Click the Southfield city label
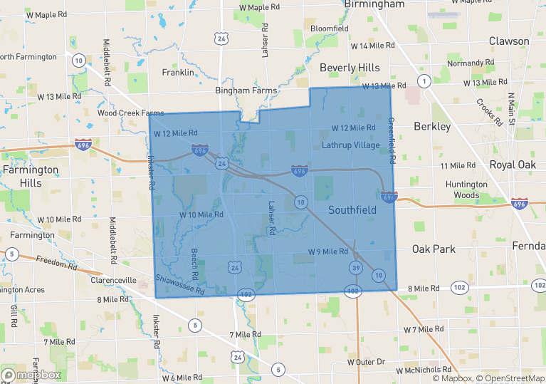352,210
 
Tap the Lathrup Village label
351,145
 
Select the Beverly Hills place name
350,67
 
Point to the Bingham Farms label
246,90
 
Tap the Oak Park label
434,249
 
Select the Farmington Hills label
31,176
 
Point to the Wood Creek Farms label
130,113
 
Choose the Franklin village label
178,73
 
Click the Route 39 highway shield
355,267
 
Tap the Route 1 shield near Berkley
424,82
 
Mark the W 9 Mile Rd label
327,251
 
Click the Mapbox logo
31,375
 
